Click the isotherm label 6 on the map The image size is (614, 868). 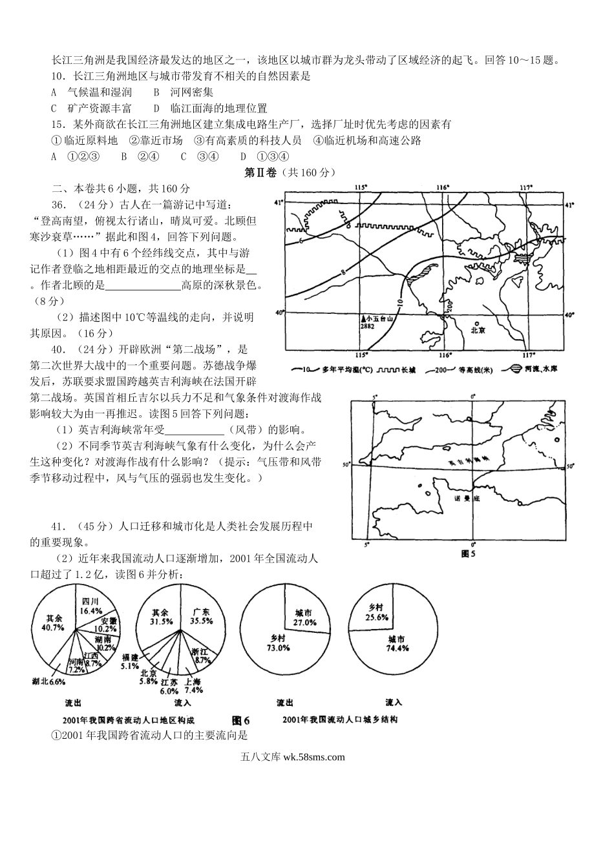301,241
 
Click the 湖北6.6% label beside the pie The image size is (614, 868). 48,681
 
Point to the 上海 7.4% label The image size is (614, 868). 193,685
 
